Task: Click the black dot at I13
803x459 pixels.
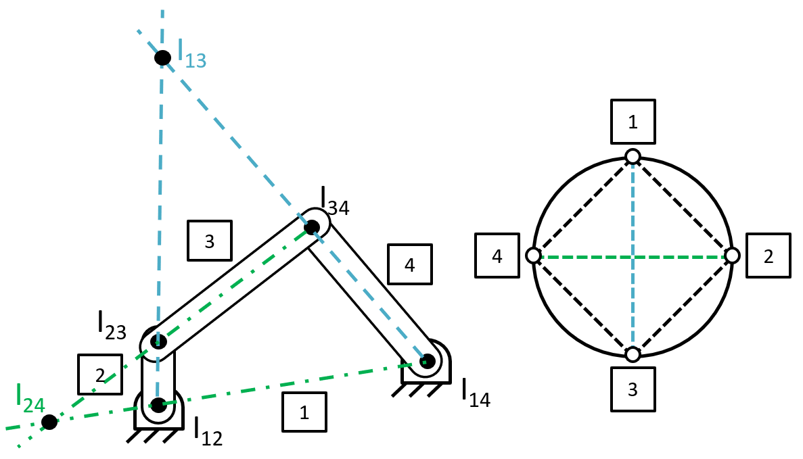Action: [x=162, y=57]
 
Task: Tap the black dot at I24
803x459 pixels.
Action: [x=49, y=422]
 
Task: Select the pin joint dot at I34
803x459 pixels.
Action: [x=312, y=227]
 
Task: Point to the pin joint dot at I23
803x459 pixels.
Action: [x=158, y=341]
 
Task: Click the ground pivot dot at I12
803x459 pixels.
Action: [x=158, y=406]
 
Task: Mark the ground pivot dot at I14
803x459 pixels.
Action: [x=428, y=361]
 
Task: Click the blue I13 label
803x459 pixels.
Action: [x=191, y=53]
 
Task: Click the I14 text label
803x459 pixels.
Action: [x=476, y=393]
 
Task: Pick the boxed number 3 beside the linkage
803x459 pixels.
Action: [x=209, y=241]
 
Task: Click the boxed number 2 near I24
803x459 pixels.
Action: [x=100, y=376]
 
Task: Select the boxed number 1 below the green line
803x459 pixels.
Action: [x=304, y=412]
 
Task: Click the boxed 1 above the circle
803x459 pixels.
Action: [x=633, y=122]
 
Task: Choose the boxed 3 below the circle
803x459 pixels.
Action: [x=633, y=389]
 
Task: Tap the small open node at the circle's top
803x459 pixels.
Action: [x=633, y=157]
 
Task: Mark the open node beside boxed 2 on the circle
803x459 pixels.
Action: [x=732, y=256]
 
